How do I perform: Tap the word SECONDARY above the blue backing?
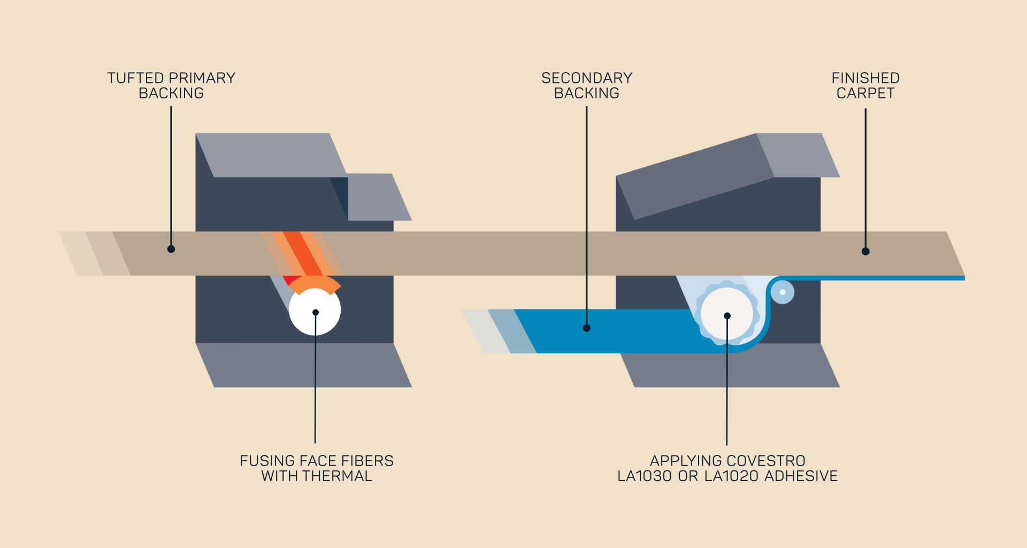pos(587,78)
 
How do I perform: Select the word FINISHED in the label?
pos(865,78)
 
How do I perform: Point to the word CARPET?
pos(865,93)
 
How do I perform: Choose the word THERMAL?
pos(338,476)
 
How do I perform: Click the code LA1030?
pos(645,476)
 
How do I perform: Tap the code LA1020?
pos(732,476)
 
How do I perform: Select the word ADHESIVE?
pos(801,476)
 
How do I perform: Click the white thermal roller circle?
pos(315,312)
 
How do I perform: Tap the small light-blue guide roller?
pos(783,292)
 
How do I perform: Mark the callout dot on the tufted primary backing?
pos(171,249)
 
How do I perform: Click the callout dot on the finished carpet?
pos(865,251)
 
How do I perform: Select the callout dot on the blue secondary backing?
pos(587,328)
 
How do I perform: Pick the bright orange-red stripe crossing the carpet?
pos(302,253)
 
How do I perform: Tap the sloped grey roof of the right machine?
pos(695,176)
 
